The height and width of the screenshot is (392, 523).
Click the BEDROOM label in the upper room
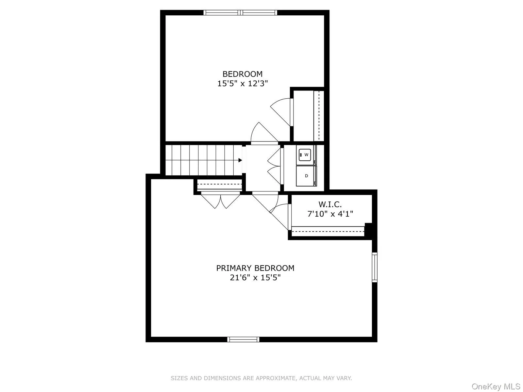pos(242,74)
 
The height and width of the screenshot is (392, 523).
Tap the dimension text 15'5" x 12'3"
pos(242,84)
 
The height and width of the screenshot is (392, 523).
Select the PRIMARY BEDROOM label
pos(255,268)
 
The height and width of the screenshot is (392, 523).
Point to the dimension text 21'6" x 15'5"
pos(255,278)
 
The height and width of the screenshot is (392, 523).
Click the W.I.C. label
pos(330,205)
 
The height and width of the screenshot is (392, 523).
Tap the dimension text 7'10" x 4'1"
pos(330,214)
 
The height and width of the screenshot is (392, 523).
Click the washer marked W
pos(306,155)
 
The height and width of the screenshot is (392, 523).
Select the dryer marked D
pos(306,176)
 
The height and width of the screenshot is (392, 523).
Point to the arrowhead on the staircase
pos(240,160)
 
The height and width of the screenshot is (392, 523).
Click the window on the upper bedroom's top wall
pos(241,13)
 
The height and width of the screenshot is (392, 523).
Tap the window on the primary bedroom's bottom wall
pos(243,339)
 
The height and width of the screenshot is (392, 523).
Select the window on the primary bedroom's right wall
pos(375,267)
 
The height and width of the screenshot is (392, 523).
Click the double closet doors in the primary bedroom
pos(221,201)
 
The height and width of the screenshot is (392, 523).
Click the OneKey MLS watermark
pos(496,386)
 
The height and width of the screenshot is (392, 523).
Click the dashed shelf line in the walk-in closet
pos(328,231)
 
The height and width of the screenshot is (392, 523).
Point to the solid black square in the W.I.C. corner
pos(368,229)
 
